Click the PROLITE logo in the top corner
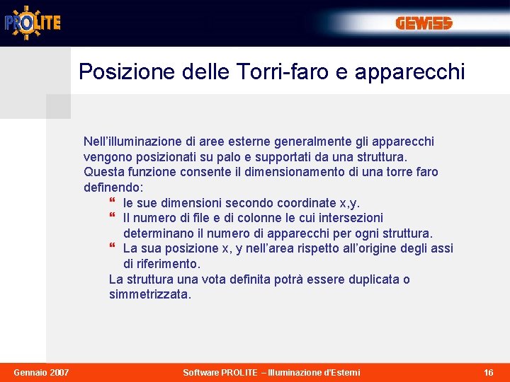[33, 22]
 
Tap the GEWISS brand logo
[424, 24]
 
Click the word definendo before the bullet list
[113, 187]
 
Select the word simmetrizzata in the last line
[149, 294]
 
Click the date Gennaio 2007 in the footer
[42, 372]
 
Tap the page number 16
[489, 372]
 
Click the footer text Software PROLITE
[220, 372]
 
